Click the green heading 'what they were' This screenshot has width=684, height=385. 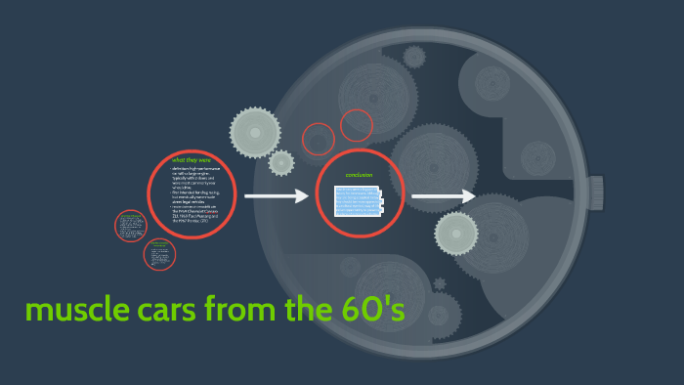pos(192,160)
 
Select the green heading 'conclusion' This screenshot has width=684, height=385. pos(361,175)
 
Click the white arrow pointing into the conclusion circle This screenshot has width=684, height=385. pos(276,196)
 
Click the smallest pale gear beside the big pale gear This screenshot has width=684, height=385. pos(281,163)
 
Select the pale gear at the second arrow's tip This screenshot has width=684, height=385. pos(456,233)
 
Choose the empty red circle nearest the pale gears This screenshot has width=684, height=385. pos(319,139)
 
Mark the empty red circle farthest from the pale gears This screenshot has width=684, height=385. pos(357,125)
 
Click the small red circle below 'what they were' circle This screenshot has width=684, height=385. pos(159,254)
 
